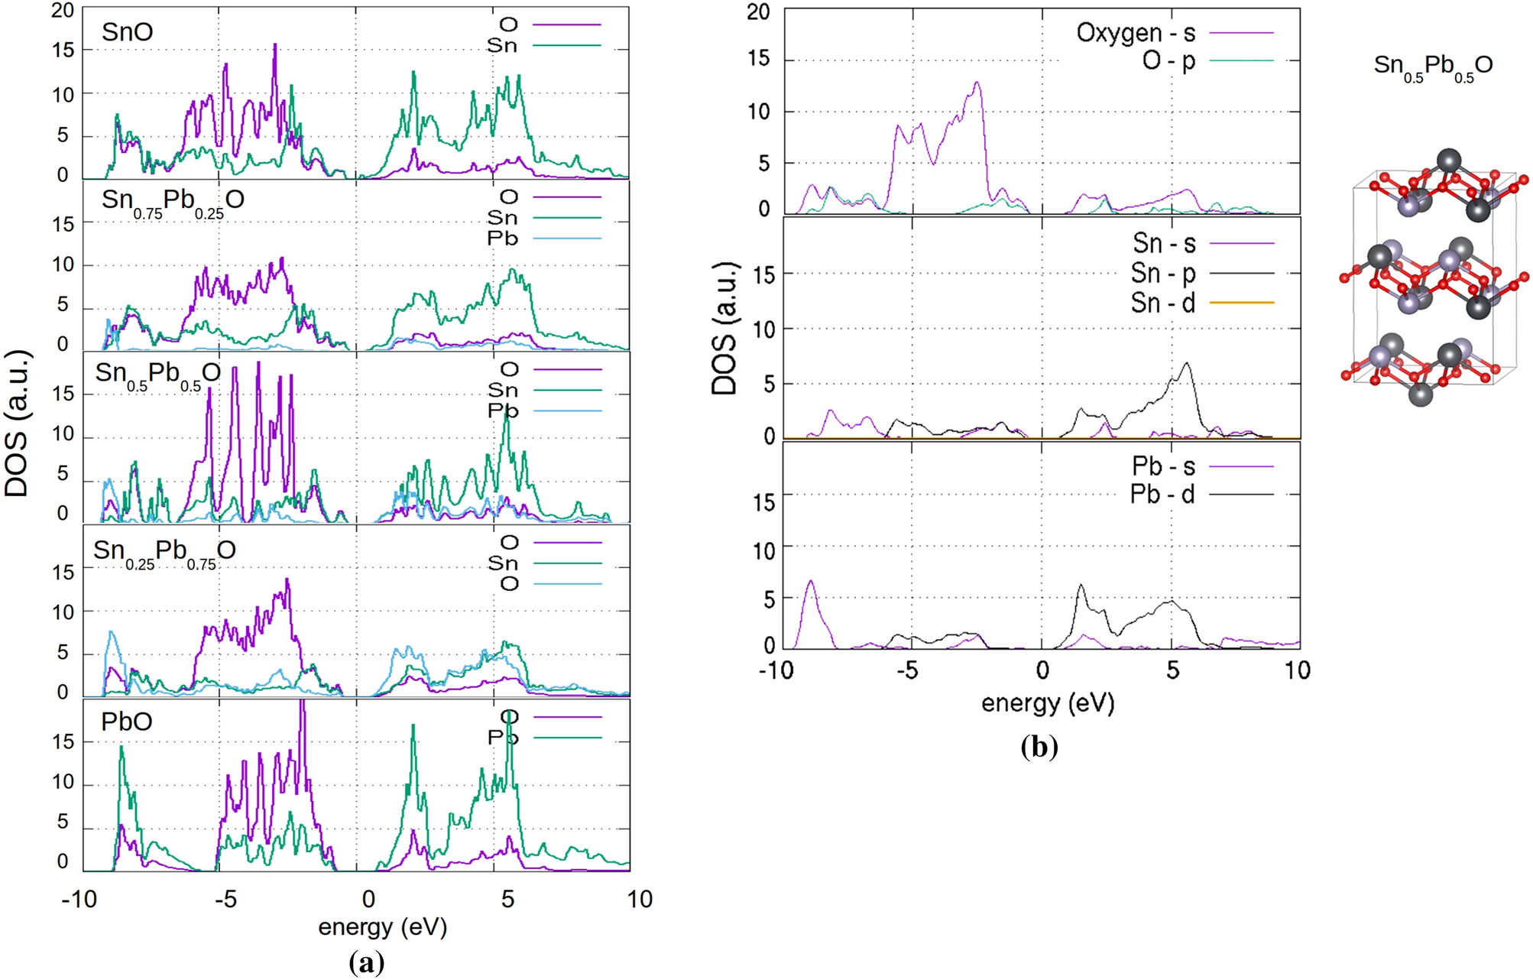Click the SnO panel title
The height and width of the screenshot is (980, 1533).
tap(128, 32)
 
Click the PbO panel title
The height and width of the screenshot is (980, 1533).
tap(127, 722)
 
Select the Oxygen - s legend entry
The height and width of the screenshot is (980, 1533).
tap(1136, 33)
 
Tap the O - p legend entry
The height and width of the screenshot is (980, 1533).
tap(1168, 60)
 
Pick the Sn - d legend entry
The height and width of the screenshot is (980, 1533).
tap(1163, 303)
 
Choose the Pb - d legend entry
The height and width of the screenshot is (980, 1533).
tap(1162, 495)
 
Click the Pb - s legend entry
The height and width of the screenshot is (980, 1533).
tap(1163, 466)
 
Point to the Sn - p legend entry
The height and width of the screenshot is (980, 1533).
tap(1163, 273)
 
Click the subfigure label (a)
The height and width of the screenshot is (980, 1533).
tap(366, 962)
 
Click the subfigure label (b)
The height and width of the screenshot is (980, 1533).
tap(1039, 746)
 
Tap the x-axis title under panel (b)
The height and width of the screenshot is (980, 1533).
tap(1048, 703)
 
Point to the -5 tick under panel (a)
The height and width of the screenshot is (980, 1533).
tap(225, 899)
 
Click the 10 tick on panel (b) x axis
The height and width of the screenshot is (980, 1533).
tap(1297, 670)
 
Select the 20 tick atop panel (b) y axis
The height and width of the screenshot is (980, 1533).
tap(758, 12)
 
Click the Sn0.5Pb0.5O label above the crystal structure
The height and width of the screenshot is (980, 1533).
tap(1433, 67)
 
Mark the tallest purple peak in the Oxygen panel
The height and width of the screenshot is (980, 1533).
tap(977, 83)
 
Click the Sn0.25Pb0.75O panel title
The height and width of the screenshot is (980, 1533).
tap(164, 551)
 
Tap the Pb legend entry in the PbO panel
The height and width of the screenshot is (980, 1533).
tap(503, 738)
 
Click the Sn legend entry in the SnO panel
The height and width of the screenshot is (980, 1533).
tap(502, 46)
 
